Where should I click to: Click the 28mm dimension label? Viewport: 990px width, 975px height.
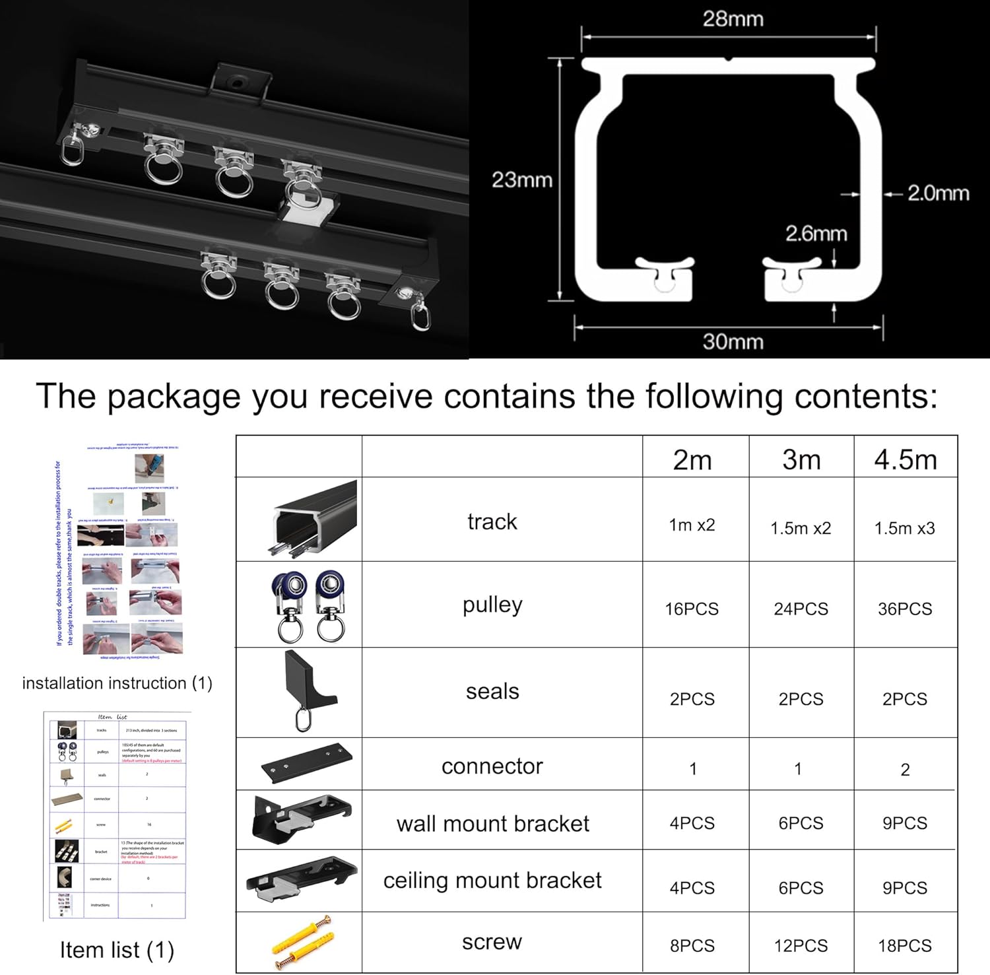733,19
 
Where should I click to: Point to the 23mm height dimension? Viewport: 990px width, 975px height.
521,180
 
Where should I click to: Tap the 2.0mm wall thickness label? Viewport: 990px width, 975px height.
937,193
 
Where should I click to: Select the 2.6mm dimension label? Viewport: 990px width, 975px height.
816,234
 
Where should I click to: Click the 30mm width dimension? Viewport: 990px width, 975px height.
733,341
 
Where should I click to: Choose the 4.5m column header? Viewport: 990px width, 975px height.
906,459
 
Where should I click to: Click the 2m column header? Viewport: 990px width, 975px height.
692,459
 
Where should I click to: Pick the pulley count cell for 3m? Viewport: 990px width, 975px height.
801,609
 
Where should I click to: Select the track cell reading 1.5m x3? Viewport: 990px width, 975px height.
905,528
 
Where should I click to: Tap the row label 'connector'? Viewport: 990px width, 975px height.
492,766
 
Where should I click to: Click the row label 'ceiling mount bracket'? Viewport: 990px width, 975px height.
492,880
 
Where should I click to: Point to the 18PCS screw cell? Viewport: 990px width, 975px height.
905,945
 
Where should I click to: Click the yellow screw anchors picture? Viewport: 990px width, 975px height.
302,942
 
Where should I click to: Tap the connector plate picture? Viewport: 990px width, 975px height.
306,764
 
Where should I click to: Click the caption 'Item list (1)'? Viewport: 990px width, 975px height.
117,950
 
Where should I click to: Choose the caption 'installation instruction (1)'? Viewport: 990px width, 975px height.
117,683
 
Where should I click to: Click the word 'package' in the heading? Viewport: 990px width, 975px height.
174,396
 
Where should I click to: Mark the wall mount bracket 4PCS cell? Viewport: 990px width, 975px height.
692,823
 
